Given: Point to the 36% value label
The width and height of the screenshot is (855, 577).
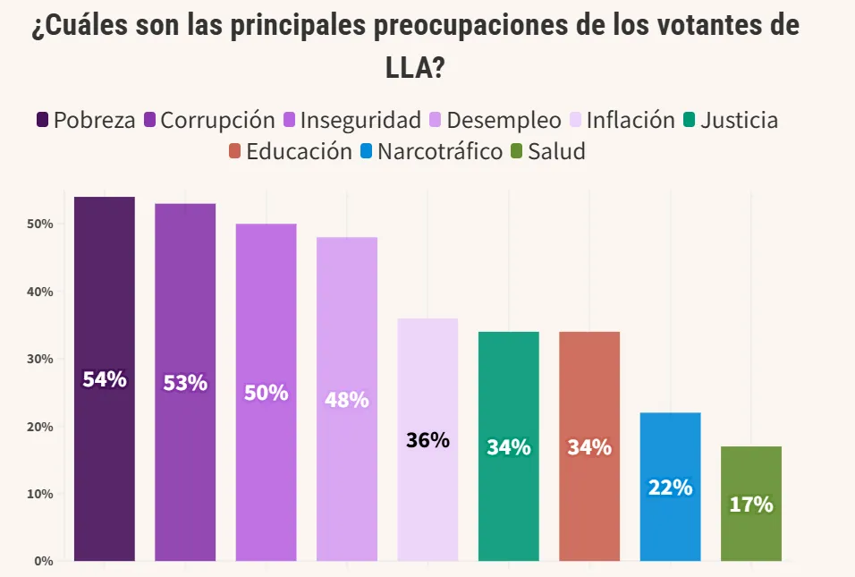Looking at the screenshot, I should click(427, 440).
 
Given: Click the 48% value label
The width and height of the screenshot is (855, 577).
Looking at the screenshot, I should click(346, 400).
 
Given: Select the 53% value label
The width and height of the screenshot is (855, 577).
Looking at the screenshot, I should click(185, 383).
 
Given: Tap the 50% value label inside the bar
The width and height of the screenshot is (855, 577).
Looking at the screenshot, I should click(266, 393).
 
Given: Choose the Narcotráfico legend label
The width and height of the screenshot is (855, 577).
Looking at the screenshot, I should click(439, 152).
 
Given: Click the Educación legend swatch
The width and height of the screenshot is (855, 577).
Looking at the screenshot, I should click(235, 152).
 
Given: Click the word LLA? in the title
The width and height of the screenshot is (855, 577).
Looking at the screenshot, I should click(415, 67).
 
